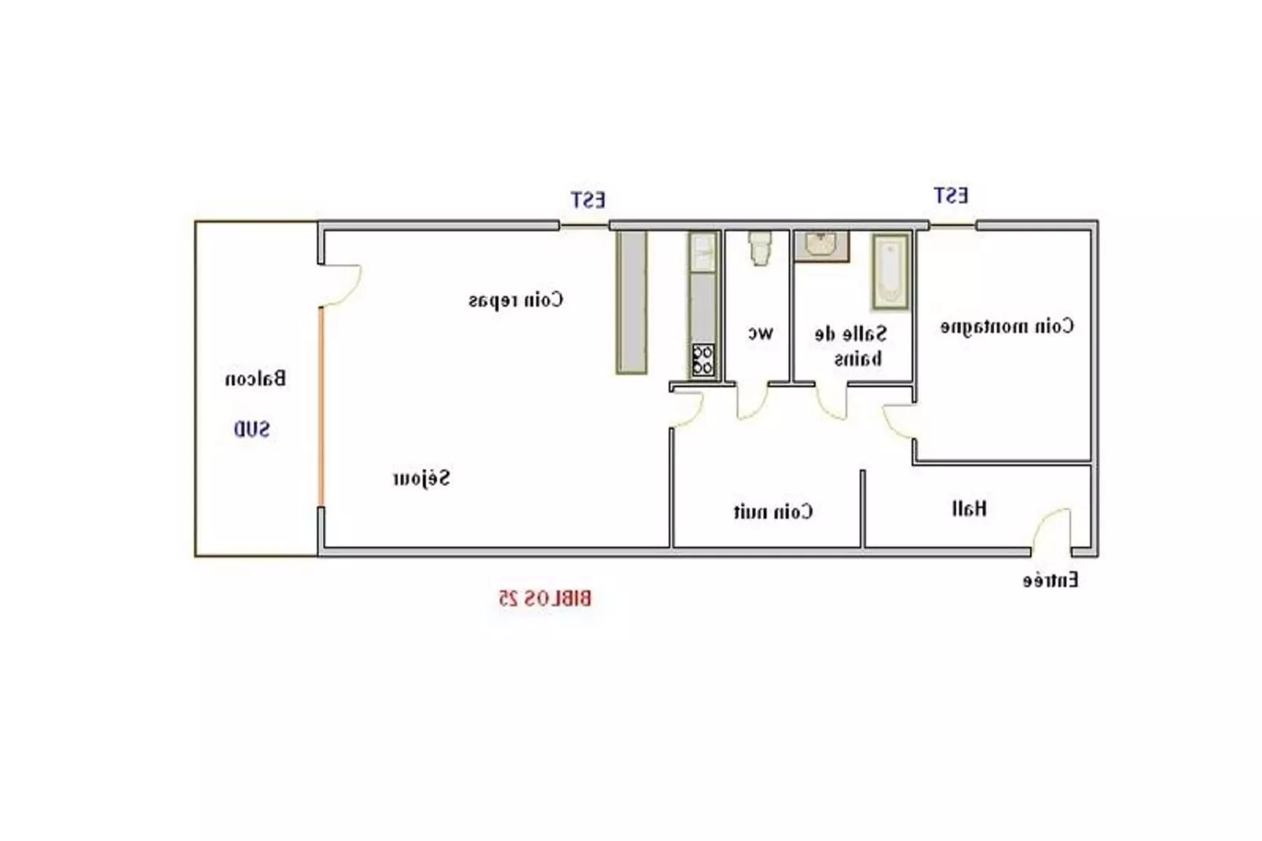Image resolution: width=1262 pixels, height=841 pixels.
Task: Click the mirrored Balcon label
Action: click(x=255, y=379)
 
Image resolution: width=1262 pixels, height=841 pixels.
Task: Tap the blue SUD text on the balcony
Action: click(x=251, y=429)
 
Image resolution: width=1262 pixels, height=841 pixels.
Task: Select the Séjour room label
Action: click(x=422, y=478)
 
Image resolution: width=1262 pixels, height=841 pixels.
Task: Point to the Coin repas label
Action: click(x=515, y=299)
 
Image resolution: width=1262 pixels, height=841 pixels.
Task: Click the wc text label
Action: click(x=760, y=332)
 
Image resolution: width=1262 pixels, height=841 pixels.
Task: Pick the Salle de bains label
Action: click(x=851, y=346)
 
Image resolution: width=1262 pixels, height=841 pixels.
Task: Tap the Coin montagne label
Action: click(x=1007, y=326)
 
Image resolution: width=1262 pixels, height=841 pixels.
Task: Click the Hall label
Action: click(x=969, y=509)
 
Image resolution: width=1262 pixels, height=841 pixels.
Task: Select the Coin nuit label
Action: click(x=773, y=512)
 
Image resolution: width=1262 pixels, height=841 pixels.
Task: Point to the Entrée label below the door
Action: click(x=1050, y=581)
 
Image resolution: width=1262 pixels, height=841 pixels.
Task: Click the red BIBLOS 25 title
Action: click(x=545, y=599)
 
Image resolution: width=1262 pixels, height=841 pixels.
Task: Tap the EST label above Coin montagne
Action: click(x=951, y=195)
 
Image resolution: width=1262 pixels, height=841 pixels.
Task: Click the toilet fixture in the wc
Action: click(x=760, y=247)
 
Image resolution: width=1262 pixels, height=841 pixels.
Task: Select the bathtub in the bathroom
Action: click(x=890, y=270)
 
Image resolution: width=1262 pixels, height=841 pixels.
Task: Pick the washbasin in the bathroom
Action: click(x=821, y=245)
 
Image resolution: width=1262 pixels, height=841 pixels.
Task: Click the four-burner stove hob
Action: click(x=703, y=361)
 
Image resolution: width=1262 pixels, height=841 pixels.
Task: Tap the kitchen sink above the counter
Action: click(x=703, y=252)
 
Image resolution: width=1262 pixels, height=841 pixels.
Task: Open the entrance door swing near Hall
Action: click(x=1051, y=531)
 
